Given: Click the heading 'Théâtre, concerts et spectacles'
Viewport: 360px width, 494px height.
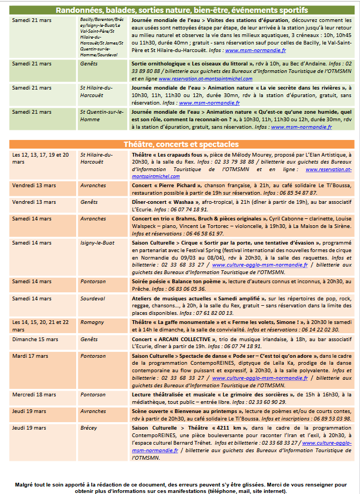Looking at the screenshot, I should (x=181, y=144).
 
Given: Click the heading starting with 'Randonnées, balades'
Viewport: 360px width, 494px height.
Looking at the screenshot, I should (x=181, y=10).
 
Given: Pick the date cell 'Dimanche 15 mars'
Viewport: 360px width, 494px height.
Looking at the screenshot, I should (x=35, y=340).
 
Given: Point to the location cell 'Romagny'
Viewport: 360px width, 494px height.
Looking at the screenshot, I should (x=92, y=322).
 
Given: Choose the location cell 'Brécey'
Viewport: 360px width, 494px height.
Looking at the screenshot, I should (x=89, y=428).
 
